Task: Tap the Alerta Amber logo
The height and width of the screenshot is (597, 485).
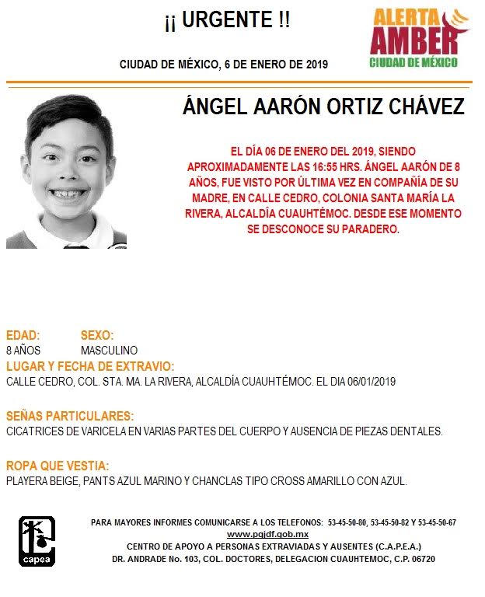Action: pyautogui.click(x=420, y=37)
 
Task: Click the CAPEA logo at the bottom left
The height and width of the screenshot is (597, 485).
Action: pyautogui.click(x=37, y=542)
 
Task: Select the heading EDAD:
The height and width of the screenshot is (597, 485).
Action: pyautogui.click(x=23, y=336)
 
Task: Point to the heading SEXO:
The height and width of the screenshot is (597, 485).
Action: pyautogui.click(x=97, y=336)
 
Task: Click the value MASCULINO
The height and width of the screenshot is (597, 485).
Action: pyautogui.click(x=109, y=351)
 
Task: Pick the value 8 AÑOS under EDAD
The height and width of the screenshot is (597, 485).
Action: pyautogui.click(x=23, y=351)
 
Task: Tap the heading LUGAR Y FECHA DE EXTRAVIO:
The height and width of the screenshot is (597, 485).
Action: pyautogui.click(x=89, y=366)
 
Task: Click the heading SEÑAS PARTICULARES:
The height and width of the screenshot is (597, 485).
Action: pyautogui.click(x=69, y=416)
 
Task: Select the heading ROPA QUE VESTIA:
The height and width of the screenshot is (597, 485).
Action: pyautogui.click(x=58, y=466)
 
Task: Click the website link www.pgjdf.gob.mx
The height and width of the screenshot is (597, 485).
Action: pyautogui.click(x=267, y=535)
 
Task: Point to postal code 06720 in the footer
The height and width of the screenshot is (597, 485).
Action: pyautogui.click(x=421, y=559)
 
